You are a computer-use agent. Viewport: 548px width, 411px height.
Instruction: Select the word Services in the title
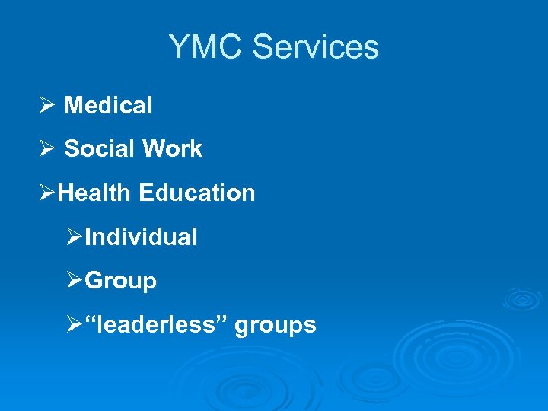315,47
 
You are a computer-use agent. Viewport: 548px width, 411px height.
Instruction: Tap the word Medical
108,106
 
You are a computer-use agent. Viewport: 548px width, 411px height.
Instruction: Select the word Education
197,193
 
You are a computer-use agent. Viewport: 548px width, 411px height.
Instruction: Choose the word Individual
141,237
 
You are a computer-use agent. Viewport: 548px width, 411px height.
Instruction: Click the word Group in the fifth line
121,282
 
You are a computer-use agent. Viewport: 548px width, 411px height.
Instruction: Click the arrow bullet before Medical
46,106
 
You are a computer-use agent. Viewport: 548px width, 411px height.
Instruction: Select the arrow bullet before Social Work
46,149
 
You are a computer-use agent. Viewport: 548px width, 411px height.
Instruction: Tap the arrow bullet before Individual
74,237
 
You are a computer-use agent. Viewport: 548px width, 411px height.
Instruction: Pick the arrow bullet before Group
74,282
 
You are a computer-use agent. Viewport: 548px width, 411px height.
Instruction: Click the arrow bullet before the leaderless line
74,326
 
